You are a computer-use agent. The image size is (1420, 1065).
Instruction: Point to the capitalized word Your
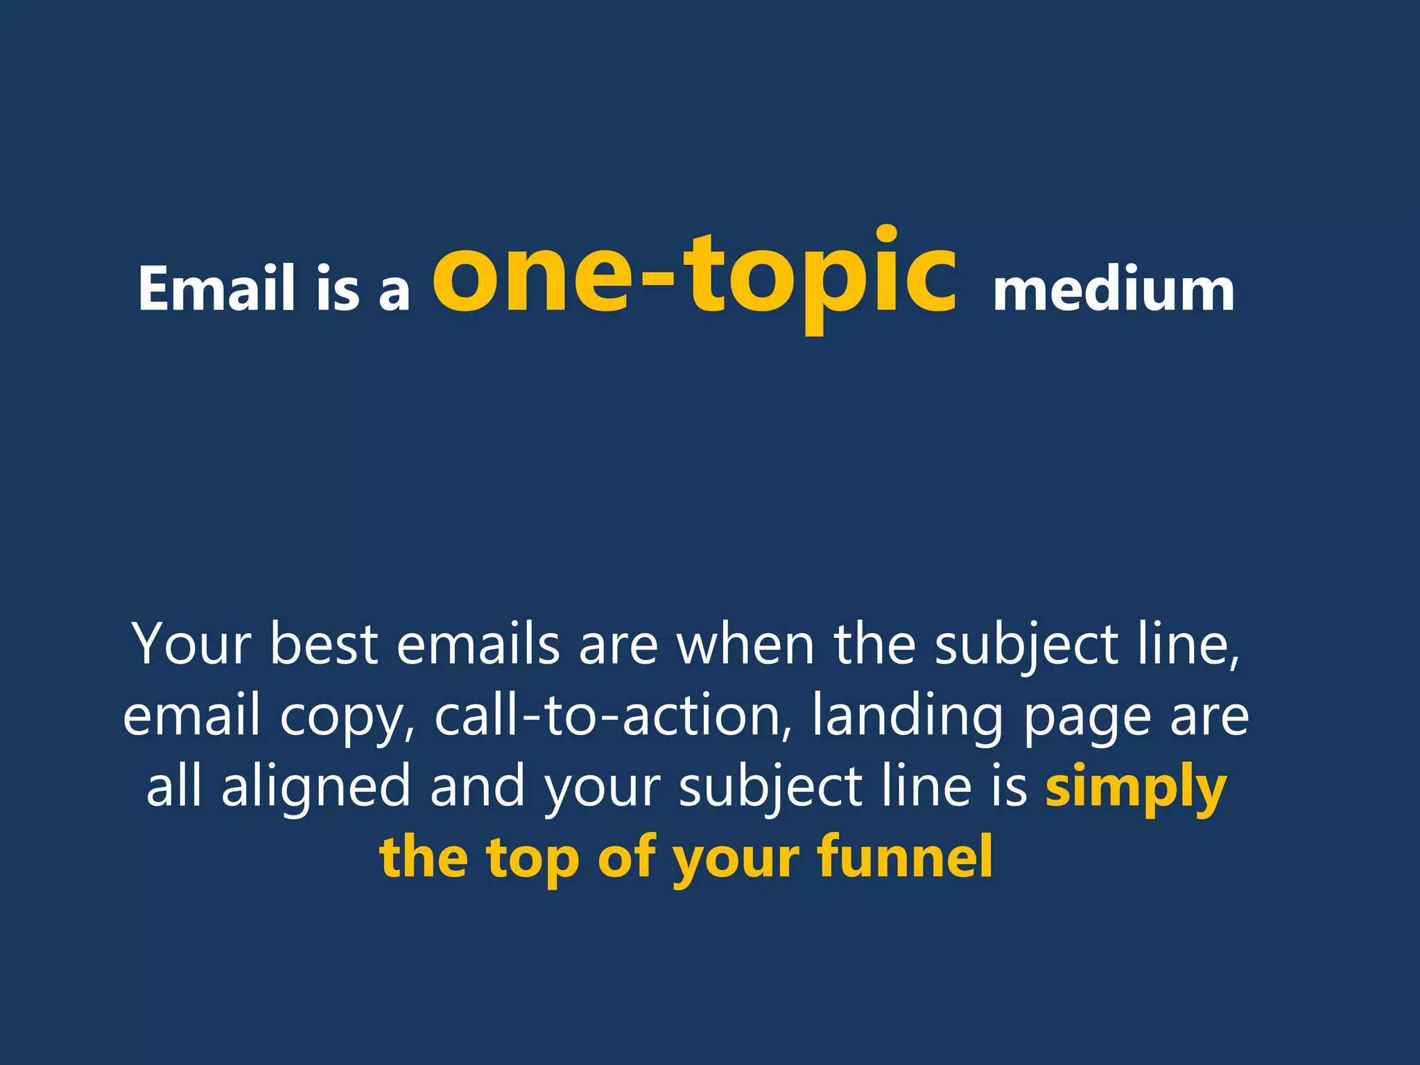click(191, 644)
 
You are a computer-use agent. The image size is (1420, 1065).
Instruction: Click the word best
click(324, 644)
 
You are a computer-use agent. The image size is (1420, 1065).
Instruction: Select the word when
click(745, 644)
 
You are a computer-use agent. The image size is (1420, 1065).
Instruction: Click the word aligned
click(316, 788)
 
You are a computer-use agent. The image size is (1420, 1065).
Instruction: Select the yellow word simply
click(1136, 788)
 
